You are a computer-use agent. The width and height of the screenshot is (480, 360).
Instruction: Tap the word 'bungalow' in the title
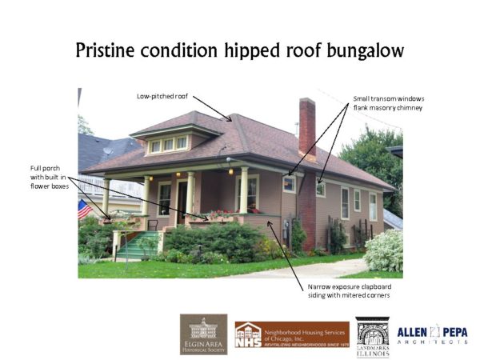(x=363, y=50)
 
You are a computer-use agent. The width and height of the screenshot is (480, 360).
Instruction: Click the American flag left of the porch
(x=84, y=210)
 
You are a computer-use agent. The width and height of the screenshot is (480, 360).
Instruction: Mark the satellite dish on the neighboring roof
(x=107, y=150)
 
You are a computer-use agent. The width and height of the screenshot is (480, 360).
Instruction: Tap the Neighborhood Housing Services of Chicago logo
(x=291, y=334)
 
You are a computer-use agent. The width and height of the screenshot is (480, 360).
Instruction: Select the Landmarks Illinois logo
(x=372, y=334)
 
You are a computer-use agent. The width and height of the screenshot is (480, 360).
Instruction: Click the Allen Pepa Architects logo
(x=433, y=334)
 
